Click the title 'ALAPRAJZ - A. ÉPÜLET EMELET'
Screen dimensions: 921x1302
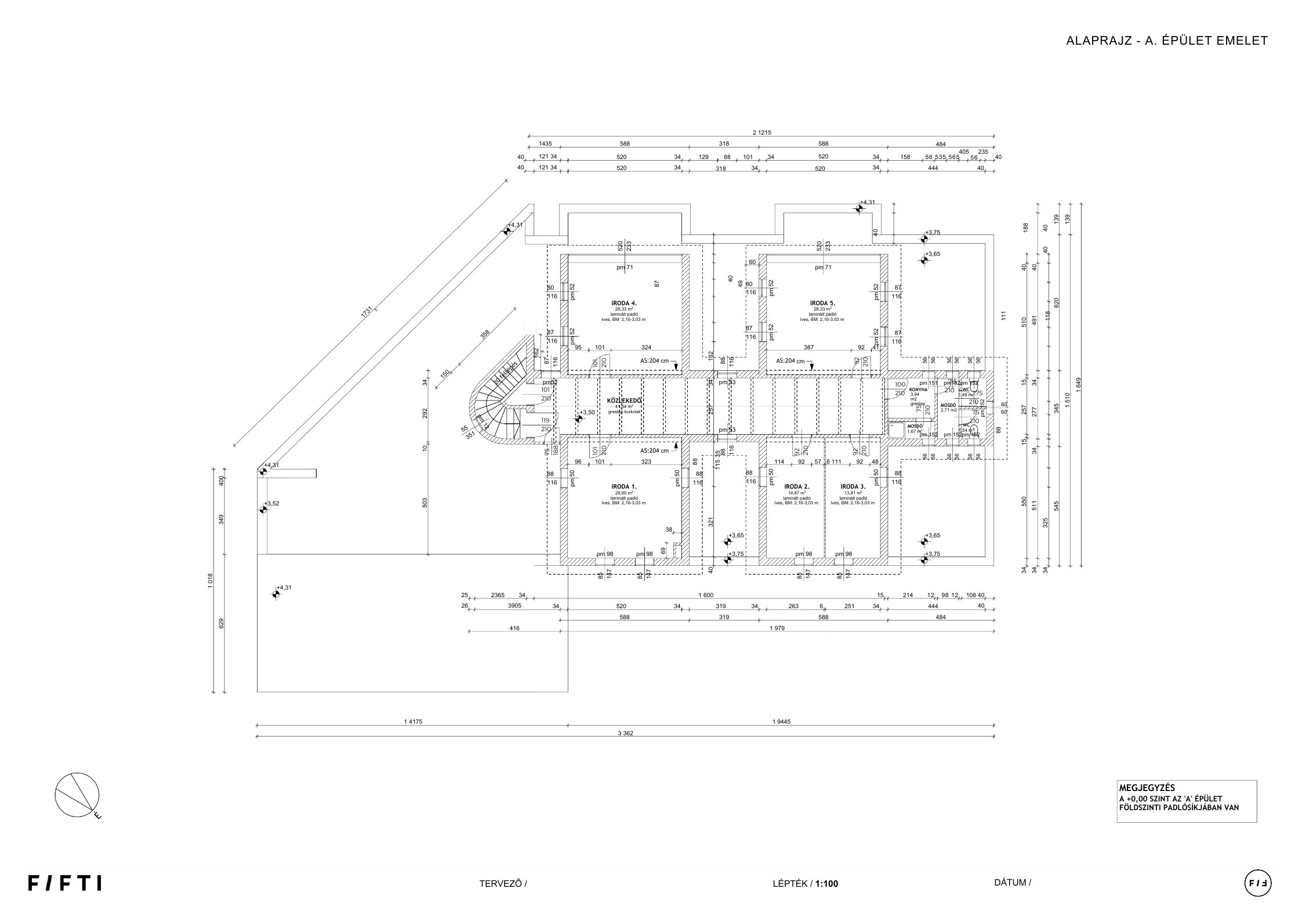[1166, 41]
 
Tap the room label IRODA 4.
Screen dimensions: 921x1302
[624, 303]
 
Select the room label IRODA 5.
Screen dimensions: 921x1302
[822, 303]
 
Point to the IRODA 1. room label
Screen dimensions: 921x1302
[624, 486]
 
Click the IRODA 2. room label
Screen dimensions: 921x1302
[796, 486]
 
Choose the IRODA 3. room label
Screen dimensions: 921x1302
[853, 486]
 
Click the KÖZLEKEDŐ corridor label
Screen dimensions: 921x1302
[624, 400]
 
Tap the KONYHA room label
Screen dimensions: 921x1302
[918, 389]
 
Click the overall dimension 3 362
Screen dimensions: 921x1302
[625, 733]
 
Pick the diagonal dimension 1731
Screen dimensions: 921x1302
[368, 312]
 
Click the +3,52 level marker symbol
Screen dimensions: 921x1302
[263, 510]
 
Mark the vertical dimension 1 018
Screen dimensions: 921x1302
[211, 580]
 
